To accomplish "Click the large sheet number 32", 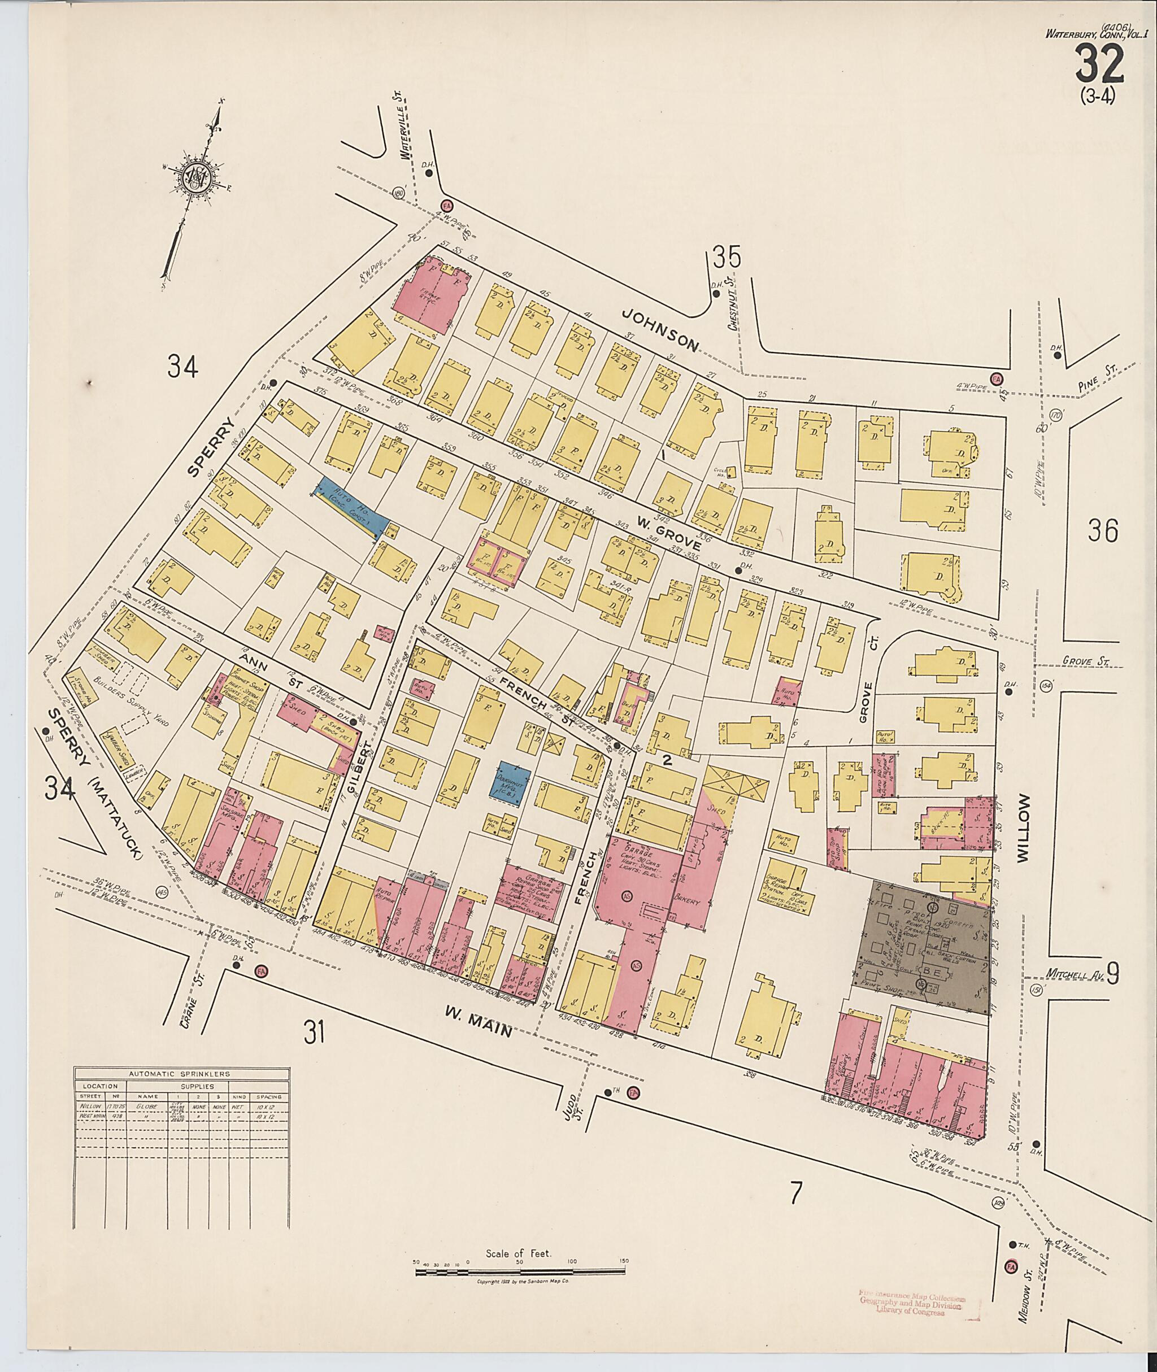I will [x=1100, y=66].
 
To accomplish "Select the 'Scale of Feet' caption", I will [x=519, y=1253].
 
